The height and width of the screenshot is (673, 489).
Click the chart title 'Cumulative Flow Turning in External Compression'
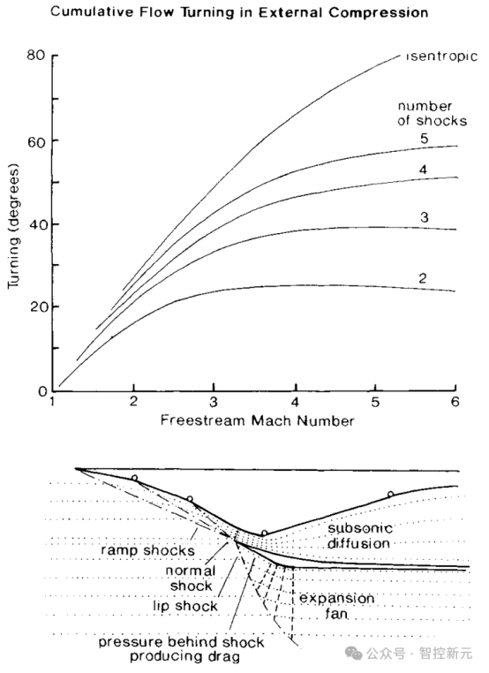239,12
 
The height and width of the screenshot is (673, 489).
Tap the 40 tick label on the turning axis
37,224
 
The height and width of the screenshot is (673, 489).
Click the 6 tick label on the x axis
455,402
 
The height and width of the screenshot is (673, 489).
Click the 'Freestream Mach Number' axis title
258,420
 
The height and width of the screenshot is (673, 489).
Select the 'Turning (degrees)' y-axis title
14,226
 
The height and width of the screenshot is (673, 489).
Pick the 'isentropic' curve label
442,57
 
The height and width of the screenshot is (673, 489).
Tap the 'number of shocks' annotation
432,113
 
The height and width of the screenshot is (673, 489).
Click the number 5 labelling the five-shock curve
425,138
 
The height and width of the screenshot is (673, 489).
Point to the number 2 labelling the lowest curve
423,278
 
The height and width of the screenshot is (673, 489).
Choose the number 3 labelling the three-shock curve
425,217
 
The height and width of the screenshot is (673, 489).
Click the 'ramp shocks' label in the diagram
147,550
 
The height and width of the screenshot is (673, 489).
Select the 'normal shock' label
191,578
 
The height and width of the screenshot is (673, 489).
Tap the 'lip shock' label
185,606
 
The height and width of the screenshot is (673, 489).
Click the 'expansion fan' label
336,606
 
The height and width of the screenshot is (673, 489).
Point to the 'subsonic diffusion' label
359,535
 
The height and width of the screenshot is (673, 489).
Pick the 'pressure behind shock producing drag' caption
181,649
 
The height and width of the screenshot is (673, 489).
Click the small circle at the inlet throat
265,533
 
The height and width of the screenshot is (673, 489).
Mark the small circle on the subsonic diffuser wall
390,495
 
